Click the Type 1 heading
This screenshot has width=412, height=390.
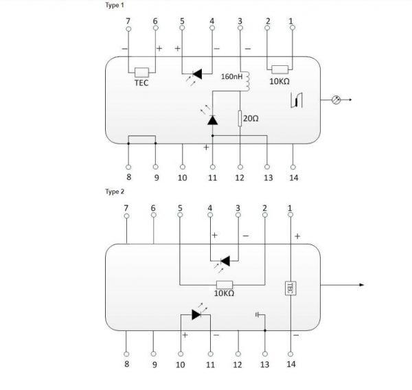pos(115,5)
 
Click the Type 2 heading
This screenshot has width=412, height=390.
pos(115,192)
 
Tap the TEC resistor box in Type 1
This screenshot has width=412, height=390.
pos(141,73)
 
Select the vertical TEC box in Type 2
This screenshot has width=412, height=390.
pos(290,288)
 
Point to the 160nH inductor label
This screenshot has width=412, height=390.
pos(231,77)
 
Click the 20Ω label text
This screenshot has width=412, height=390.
pos(251,119)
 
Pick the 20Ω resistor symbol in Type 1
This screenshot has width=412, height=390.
pos(240,119)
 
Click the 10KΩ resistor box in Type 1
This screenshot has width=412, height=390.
pos(280,69)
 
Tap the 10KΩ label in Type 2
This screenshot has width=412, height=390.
pos(224,293)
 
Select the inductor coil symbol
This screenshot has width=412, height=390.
pos(247,81)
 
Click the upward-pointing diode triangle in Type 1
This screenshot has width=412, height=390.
pos(212,120)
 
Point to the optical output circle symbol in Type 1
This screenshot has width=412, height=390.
pos(336,100)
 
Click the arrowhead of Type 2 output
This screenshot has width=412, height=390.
pos(362,285)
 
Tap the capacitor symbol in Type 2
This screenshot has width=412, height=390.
pos(257,314)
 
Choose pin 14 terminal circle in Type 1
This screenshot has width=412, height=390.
pos(293,167)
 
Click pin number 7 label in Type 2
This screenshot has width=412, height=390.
pos(126,208)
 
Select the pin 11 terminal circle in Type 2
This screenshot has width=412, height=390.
pos(211,354)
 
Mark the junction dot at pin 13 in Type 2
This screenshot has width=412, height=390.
pos(265,330)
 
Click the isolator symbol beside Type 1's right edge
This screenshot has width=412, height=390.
pos(297,100)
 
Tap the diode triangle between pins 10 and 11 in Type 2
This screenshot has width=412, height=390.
pos(196,314)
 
